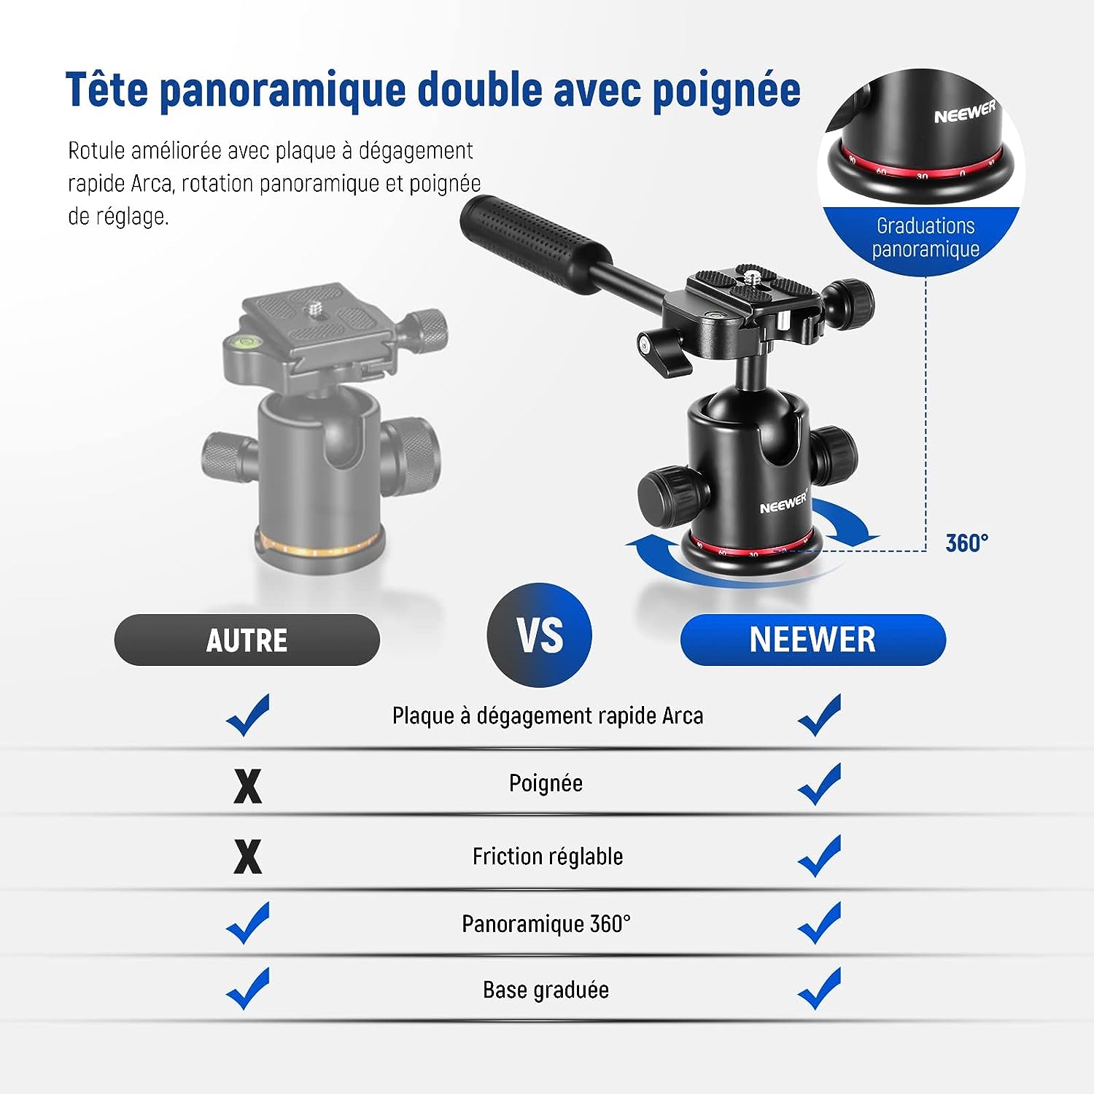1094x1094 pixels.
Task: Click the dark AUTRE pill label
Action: (247, 640)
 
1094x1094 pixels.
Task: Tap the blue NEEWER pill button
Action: (812, 640)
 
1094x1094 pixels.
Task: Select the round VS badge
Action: (539, 635)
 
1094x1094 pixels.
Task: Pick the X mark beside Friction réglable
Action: (247, 856)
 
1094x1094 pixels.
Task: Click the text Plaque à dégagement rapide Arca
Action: (548, 715)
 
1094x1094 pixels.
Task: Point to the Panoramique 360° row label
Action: (546, 924)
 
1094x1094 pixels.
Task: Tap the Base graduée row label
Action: (546, 990)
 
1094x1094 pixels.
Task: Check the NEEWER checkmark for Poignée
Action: (820, 784)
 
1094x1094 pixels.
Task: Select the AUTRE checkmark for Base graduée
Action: (248, 988)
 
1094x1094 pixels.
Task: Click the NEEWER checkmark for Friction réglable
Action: (820, 856)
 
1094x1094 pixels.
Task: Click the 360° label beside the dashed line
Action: (967, 543)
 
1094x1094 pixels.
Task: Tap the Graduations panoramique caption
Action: (926, 238)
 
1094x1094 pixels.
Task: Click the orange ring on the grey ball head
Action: (318, 545)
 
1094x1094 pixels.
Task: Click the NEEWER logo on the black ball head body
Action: (783, 503)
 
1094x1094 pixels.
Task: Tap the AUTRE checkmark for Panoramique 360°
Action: (248, 923)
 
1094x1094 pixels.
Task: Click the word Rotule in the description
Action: (98, 150)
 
